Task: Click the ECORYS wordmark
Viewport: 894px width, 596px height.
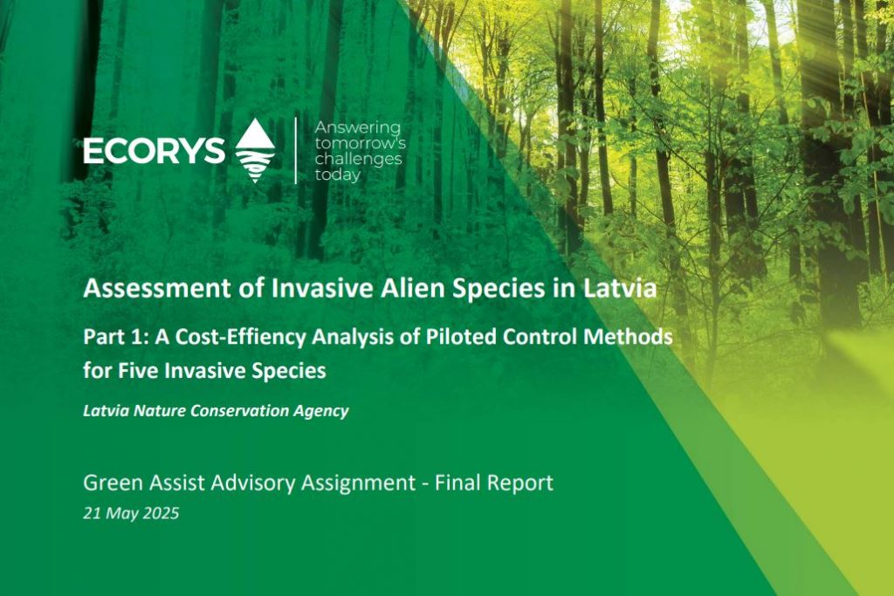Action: [x=154, y=151]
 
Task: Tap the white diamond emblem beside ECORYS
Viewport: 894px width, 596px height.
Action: [x=255, y=150]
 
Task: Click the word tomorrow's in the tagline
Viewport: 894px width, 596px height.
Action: [x=361, y=142]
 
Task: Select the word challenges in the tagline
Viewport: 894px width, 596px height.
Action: [x=359, y=159]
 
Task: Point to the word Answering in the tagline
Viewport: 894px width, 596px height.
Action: [x=357, y=127]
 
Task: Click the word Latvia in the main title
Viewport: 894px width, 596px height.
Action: [x=620, y=288]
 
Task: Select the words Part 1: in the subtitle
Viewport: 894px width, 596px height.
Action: [x=116, y=338]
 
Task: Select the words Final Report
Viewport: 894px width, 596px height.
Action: [x=494, y=483]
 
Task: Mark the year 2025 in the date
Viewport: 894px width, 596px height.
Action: [x=161, y=513]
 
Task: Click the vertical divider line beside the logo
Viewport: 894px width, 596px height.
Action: [x=295, y=150]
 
